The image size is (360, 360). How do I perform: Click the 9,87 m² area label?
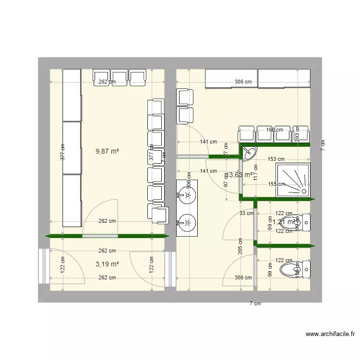(x=108, y=151)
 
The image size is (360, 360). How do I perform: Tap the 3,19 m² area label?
(x=108, y=264)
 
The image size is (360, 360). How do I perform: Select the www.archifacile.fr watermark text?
(x=331, y=334)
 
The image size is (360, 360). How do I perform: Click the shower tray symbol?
(x=293, y=180)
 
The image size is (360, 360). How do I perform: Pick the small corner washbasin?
(x=249, y=153)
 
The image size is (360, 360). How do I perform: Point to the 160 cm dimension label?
(x=275, y=129)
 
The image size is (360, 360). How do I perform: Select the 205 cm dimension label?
(x=240, y=247)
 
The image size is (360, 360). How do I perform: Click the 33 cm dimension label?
(x=246, y=214)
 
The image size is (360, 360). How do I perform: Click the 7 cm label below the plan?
(x=255, y=303)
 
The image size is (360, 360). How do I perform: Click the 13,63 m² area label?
(x=239, y=175)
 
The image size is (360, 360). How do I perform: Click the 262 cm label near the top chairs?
(x=107, y=82)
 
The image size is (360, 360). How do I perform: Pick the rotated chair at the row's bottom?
(x=159, y=213)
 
